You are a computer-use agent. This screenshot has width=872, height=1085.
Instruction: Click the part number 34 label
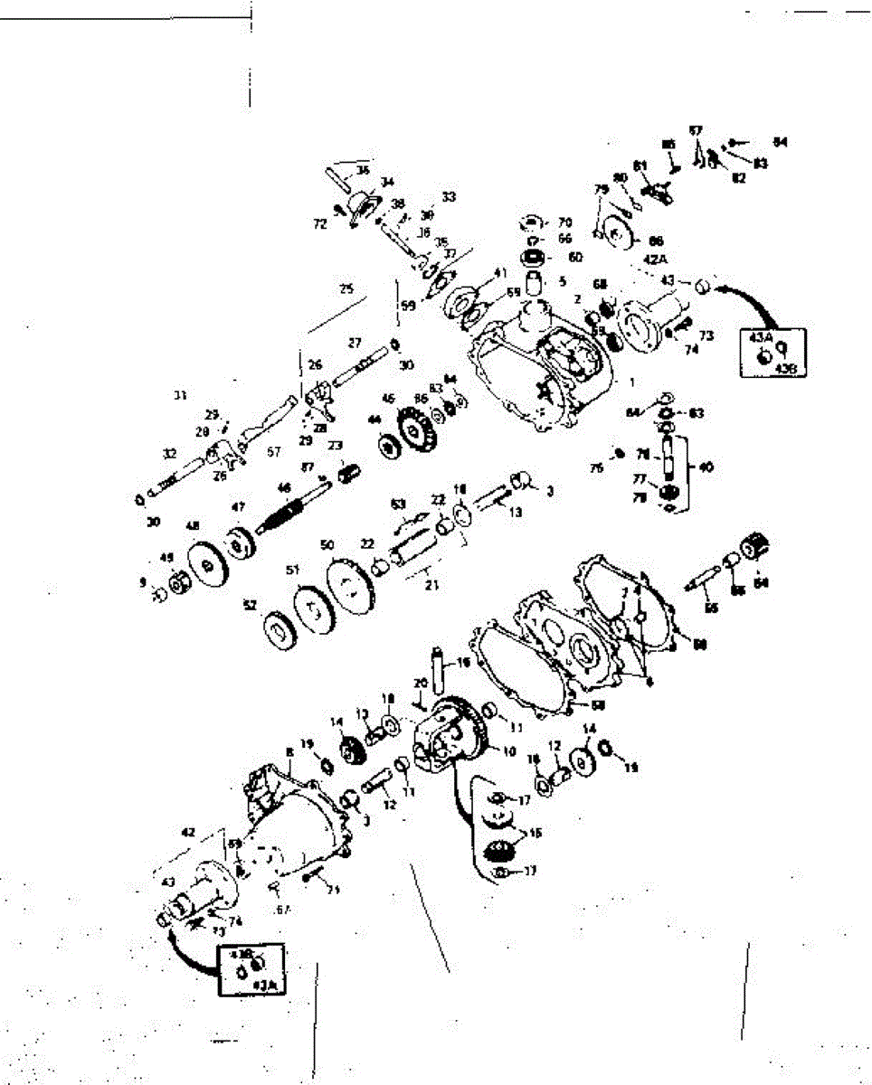pos(387,182)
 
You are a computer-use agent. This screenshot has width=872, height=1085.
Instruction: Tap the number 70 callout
pos(564,222)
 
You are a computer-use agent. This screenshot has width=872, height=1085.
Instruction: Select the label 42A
pos(655,259)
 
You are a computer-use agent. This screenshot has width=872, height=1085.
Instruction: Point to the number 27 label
pos(354,344)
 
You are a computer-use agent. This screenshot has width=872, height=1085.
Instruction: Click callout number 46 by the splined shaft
pos(285,488)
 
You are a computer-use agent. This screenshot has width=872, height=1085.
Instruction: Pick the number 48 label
pos(192,526)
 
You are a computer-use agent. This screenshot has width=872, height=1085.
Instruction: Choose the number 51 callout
pos(292,571)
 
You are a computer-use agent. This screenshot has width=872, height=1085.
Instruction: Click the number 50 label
pos(327,545)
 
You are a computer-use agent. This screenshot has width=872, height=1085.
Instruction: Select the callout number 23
pos(335,445)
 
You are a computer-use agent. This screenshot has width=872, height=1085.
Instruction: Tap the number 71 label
pos(333,891)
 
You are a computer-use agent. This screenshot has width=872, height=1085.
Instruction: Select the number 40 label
pos(706,467)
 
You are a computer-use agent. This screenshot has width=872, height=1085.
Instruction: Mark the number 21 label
pos(431,586)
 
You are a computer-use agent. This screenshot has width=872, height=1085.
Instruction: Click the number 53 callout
pos(398,503)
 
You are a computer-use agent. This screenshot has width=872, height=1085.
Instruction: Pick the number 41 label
pos(500,272)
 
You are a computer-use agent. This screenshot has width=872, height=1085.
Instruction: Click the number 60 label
pos(575,256)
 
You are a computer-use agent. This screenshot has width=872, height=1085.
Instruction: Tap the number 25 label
pos(346,289)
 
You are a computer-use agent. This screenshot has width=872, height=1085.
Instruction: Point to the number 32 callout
pos(169,455)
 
